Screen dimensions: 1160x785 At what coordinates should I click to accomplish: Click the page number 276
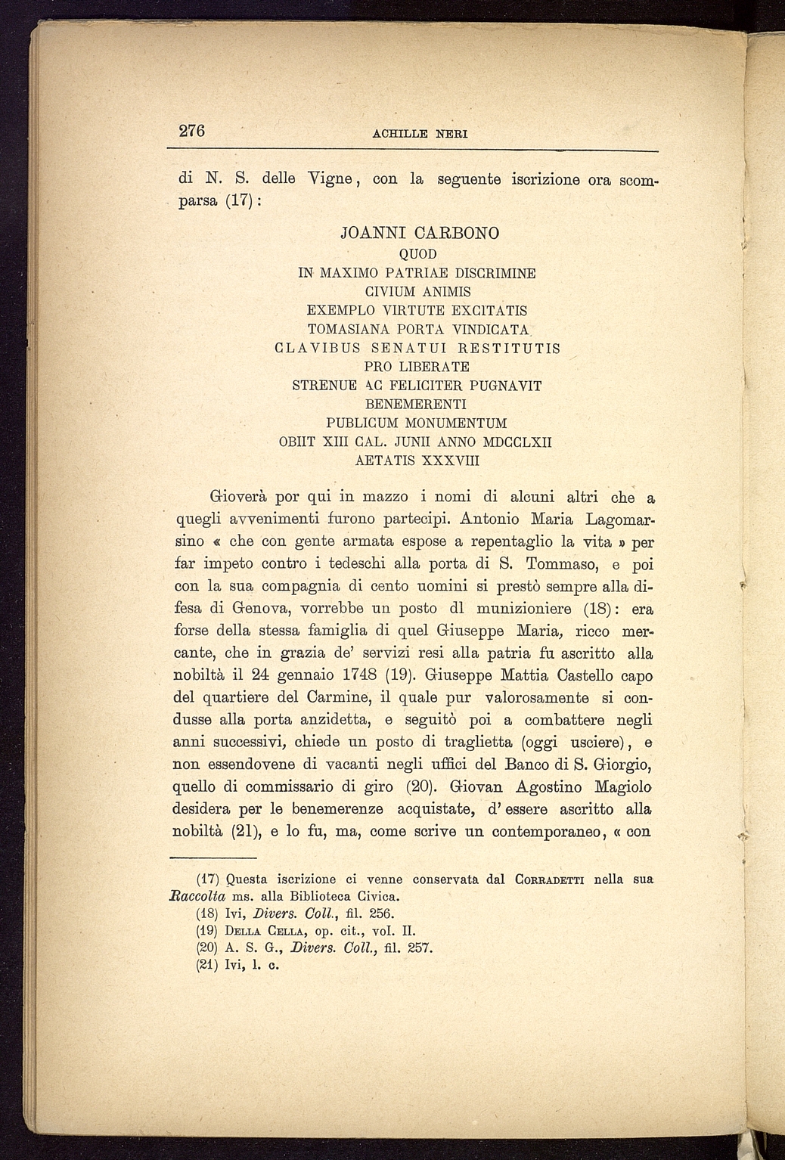[192, 131]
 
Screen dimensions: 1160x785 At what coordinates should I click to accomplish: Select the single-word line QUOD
[417, 253]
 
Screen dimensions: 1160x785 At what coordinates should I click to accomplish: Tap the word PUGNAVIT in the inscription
[507, 386]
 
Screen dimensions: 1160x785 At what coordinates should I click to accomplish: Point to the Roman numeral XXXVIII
[445, 460]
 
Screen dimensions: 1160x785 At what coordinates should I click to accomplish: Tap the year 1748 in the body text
[355, 675]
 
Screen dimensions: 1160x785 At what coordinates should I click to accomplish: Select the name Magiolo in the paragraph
[623, 786]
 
